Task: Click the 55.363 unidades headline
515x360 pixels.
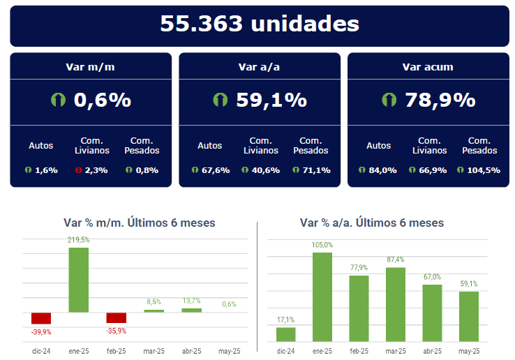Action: pos(259,24)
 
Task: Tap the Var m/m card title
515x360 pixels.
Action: pos(91,67)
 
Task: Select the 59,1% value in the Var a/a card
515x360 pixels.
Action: pos(271,100)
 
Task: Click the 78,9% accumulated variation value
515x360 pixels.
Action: pos(440,100)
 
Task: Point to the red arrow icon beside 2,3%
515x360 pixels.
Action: pos(78,170)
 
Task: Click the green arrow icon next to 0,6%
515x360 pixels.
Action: pos(58,100)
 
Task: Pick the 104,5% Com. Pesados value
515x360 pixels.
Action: pos(484,170)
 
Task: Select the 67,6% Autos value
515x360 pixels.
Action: pos(215,170)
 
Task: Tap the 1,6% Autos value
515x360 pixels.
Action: pos(46,170)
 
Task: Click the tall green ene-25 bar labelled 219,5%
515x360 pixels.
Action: pos(78,279)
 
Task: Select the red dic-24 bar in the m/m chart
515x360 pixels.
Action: pos(41,318)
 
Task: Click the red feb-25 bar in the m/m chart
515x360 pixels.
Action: pos(116,317)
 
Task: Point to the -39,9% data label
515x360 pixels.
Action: pos(41,331)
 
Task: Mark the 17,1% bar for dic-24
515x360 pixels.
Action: pos(285,334)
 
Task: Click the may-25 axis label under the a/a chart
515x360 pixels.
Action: pos(469,350)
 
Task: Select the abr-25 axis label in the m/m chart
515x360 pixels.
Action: pos(191,350)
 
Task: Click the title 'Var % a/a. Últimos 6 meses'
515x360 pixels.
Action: pos(371,223)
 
